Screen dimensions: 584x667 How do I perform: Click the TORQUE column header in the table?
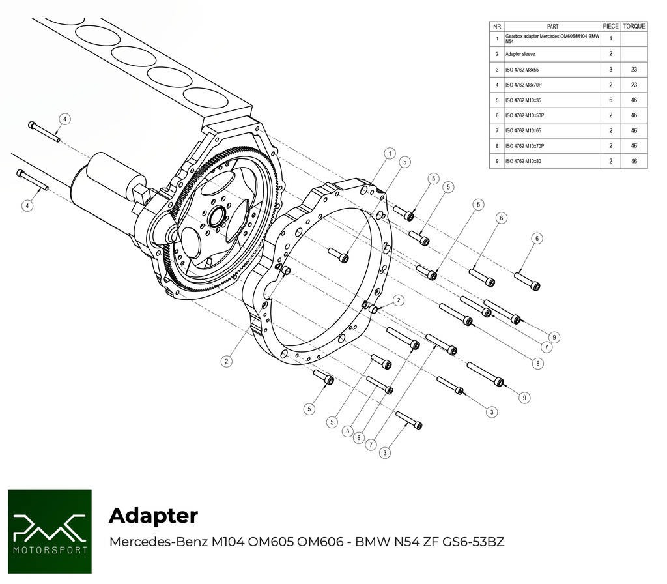tap(634, 26)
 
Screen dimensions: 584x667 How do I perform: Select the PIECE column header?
tap(610, 26)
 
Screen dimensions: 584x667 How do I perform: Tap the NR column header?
tap(497, 26)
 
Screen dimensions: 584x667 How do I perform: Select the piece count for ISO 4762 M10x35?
tap(610, 100)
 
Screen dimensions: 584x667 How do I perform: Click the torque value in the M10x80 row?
tap(634, 161)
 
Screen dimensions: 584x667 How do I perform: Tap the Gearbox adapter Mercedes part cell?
tap(552, 38)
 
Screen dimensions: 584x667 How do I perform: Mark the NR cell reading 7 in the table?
tap(497, 131)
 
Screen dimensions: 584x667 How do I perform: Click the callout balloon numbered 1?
tap(389, 154)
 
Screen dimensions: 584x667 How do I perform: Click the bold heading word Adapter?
tap(153, 516)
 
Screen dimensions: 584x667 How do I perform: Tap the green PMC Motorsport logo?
tap(50, 531)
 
